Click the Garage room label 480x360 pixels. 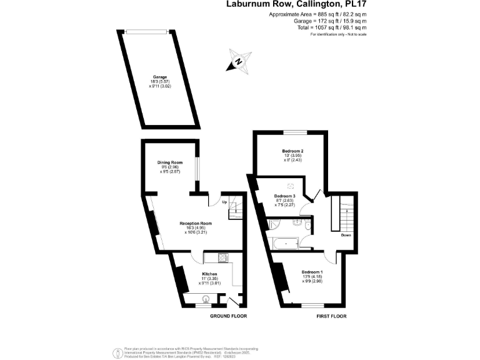click(x=161, y=77)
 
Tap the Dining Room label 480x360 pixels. click(x=169, y=162)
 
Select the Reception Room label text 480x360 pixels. click(x=196, y=223)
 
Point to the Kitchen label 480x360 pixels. click(x=209, y=274)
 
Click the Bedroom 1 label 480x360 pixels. click(x=312, y=272)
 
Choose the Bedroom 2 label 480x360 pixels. click(x=292, y=151)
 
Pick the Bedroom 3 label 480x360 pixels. click(x=284, y=196)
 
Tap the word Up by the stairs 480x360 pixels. click(x=224, y=202)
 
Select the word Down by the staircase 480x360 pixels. click(x=346, y=236)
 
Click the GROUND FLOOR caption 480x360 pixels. click(x=229, y=316)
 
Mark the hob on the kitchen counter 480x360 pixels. click(x=224, y=257)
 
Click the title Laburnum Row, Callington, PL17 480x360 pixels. click(x=296, y=4)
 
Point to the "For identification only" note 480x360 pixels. click(x=338, y=34)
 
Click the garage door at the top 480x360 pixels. click(x=145, y=31)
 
